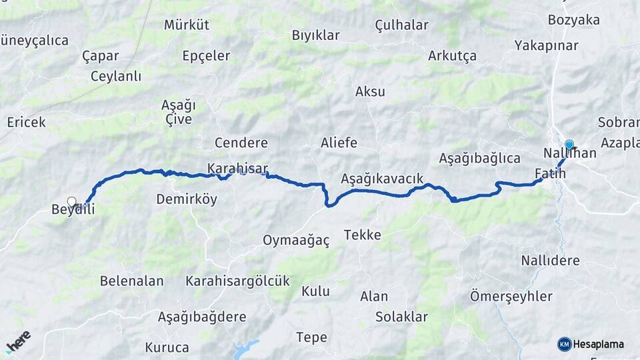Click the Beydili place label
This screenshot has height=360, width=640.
[x=73, y=210]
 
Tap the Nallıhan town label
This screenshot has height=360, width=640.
[x=569, y=153]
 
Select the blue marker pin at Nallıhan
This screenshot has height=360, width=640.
[x=569, y=145]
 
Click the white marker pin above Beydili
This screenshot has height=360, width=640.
[x=71, y=201]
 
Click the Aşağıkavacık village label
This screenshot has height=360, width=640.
[x=382, y=179]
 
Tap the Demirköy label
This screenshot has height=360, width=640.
[x=187, y=199]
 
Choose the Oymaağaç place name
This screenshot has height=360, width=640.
[x=296, y=241]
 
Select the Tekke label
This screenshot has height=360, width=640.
[x=363, y=235]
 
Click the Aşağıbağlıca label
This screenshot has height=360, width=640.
[x=479, y=159]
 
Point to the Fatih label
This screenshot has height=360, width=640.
[x=550, y=174]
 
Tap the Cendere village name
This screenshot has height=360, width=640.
[x=241, y=143]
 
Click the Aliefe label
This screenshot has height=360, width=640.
[x=339, y=143]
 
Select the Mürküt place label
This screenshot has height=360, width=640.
[x=187, y=25]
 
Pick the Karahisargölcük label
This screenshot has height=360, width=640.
[x=238, y=281]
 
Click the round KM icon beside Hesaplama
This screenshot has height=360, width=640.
[x=564, y=344]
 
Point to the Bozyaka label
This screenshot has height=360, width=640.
[x=574, y=20]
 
